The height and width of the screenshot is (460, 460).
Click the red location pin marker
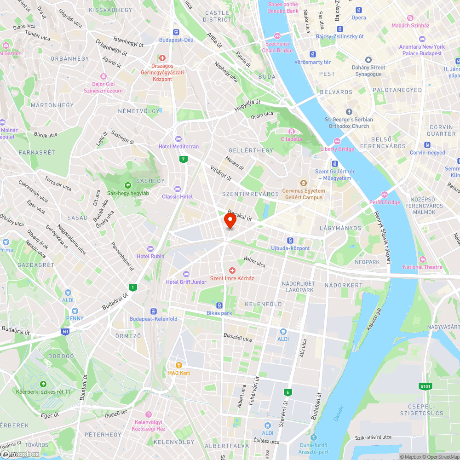230,220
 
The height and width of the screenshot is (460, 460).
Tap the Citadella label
292,139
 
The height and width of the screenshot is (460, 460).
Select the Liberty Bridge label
337,149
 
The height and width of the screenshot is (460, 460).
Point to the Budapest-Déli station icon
176,32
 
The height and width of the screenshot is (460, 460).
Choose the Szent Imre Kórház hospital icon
232,270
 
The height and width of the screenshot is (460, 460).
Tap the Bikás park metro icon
219,305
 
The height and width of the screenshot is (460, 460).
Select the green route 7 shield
184,160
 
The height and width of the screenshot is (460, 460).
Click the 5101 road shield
425,386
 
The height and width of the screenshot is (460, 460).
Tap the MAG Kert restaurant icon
172,365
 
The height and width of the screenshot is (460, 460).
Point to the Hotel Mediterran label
178,146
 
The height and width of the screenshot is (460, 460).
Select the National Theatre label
422,267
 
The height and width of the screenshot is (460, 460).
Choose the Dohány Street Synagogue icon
368,60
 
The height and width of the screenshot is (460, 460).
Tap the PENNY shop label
75,318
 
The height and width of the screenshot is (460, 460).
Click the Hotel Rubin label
150,256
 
